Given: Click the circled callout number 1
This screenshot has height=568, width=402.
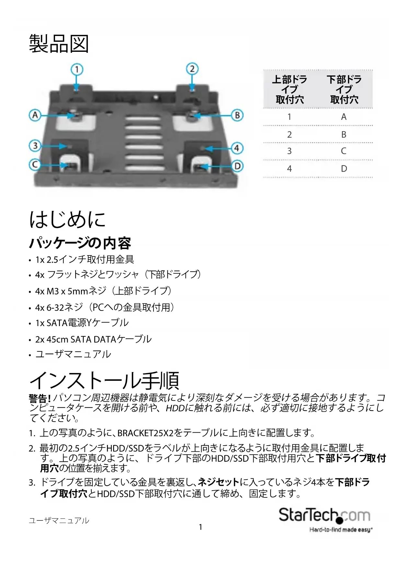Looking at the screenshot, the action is [77, 69].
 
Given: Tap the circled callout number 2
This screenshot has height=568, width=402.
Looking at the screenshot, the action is [192, 69].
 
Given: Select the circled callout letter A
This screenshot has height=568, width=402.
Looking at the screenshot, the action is [35, 115].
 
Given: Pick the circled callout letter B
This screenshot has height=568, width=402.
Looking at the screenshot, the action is [237, 115].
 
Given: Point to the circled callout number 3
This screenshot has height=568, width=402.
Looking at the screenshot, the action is [35, 146].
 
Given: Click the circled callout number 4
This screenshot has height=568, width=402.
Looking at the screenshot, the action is [237, 148].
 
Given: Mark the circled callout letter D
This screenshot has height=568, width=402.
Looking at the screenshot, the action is [237, 166].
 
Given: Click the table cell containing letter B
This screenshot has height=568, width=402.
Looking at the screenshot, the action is [344, 134].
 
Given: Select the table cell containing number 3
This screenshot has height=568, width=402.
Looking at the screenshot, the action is [289, 151].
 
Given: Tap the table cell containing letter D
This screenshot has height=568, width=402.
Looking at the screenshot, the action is [344, 169].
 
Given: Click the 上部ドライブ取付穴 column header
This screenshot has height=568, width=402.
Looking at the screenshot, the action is [290, 89].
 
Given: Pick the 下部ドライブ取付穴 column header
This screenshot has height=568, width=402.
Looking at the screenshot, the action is [344, 89].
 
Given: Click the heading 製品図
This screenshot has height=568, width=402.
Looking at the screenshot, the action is [59, 44].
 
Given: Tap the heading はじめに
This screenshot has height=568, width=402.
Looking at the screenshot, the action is [67, 219].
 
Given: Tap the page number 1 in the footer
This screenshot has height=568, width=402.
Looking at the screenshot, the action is [201, 527].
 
